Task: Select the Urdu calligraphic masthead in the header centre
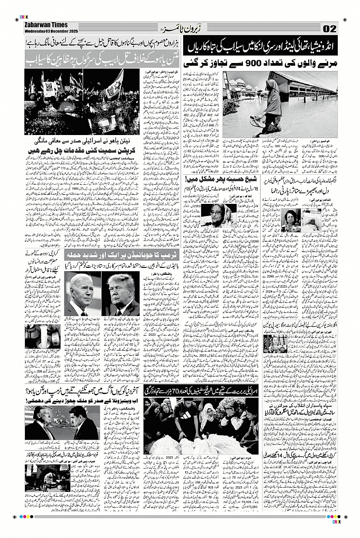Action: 180,27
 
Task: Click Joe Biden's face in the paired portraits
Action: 82,291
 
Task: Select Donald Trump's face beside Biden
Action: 120,291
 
